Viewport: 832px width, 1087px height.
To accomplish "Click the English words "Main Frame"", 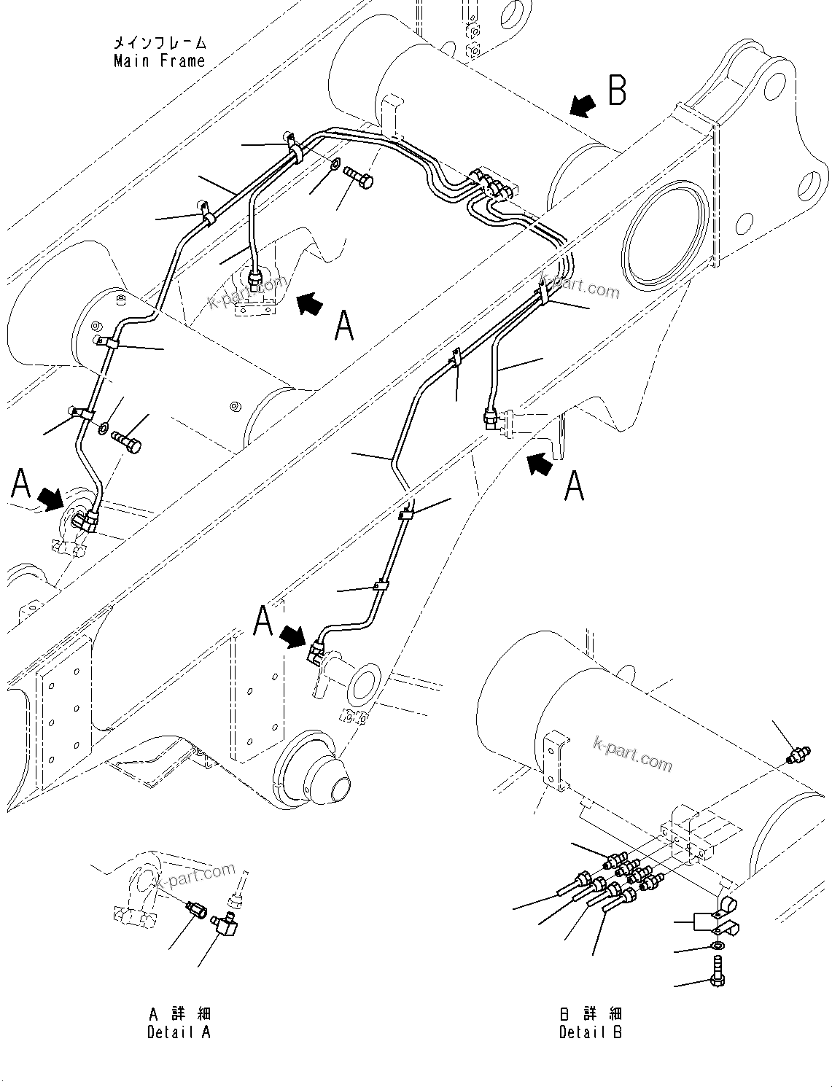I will (159, 61).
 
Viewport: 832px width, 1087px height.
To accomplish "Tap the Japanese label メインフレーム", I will (159, 43).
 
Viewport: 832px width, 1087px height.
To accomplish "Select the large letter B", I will (617, 92).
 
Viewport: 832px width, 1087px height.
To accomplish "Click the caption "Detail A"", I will (179, 1032).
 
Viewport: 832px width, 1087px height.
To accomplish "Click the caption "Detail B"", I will (591, 1032).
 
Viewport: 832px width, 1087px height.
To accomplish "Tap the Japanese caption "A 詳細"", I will (179, 1014).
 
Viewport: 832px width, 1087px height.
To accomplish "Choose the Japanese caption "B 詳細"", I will (591, 1014).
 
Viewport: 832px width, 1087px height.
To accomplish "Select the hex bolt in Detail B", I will (718, 974).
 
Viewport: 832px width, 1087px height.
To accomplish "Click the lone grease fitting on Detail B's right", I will (800, 755).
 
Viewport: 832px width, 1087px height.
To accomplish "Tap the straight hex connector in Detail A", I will (196, 909).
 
